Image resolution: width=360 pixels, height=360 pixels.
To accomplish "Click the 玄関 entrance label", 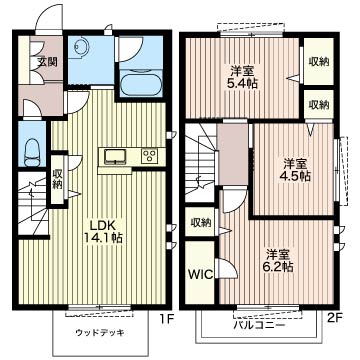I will coord(47,61).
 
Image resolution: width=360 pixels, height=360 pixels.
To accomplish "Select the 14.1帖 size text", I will coord(102,239).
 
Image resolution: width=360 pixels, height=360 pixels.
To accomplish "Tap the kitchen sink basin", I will coord(113,155).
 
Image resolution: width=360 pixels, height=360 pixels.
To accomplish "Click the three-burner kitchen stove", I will coord(148,155).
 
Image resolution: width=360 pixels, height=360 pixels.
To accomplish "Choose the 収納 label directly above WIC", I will coord(200,223).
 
